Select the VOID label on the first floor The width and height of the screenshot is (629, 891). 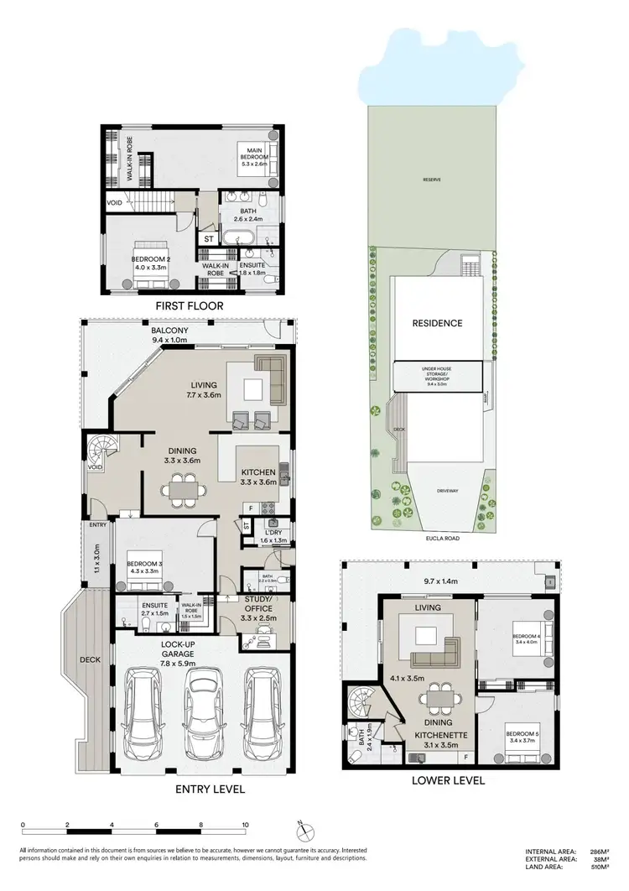pyautogui.click(x=115, y=203)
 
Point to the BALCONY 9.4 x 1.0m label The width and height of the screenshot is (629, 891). pyautogui.click(x=169, y=336)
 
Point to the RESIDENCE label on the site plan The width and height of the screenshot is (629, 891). pyautogui.click(x=436, y=323)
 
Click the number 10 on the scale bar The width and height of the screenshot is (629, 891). pyautogui.click(x=245, y=826)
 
